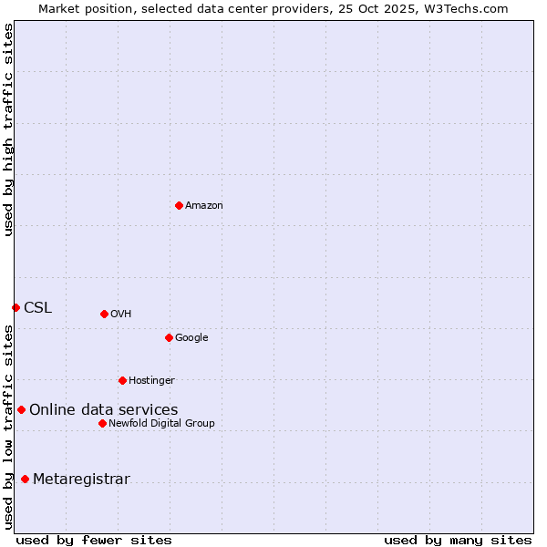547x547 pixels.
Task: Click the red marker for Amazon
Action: click(x=179, y=205)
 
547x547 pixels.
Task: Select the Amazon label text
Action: click(x=204, y=206)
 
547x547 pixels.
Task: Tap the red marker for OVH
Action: click(x=104, y=314)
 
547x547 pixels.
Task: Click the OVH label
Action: click(x=121, y=315)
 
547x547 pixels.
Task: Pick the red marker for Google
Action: click(x=169, y=337)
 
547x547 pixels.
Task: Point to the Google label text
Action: click(x=191, y=338)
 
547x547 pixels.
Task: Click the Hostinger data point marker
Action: click(x=122, y=380)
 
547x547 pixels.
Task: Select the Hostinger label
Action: click(x=151, y=381)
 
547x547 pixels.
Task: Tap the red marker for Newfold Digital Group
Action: click(x=102, y=423)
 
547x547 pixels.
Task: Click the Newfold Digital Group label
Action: click(x=161, y=424)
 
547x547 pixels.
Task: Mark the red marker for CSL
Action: click(x=15, y=307)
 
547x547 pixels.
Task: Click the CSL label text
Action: click(x=38, y=308)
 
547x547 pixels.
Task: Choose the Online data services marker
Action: click(x=21, y=409)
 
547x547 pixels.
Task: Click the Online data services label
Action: click(x=104, y=410)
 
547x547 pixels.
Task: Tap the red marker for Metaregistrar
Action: click(x=25, y=479)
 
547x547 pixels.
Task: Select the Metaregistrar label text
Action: click(x=81, y=480)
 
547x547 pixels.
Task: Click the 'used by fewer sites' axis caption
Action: click(x=94, y=540)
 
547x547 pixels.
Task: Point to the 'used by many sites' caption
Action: click(x=458, y=540)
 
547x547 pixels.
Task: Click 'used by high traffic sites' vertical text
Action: click(x=8, y=129)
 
